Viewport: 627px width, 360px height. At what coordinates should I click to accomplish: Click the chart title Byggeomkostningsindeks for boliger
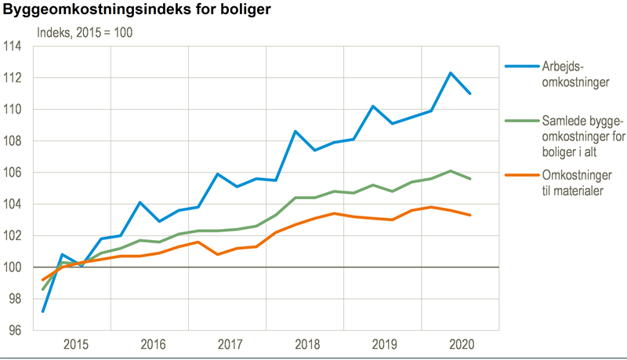(137, 12)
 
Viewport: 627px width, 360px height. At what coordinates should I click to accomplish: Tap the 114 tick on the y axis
(13, 46)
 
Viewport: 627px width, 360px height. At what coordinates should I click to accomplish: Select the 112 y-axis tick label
(13, 78)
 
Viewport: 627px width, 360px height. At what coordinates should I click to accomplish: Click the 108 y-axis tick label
(13, 141)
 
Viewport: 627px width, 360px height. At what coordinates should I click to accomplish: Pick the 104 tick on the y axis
(13, 204)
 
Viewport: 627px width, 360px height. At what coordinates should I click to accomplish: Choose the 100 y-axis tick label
(13, 267)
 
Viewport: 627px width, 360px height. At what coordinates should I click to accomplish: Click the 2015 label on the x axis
(75, 344)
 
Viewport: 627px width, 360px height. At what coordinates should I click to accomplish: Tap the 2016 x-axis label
(153, 344)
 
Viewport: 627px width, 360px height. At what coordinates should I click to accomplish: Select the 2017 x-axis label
(230, 344)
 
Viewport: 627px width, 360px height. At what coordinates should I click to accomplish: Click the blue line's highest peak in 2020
(451, 73)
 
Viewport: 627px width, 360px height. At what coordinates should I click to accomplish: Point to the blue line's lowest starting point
(43, 311)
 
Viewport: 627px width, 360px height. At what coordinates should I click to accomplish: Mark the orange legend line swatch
(520, 175)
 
